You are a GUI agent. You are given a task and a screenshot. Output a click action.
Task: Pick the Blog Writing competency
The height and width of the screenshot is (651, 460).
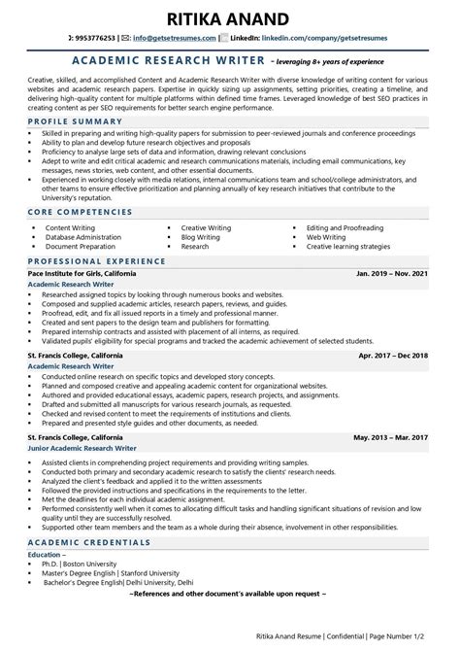[x=201, y=237]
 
